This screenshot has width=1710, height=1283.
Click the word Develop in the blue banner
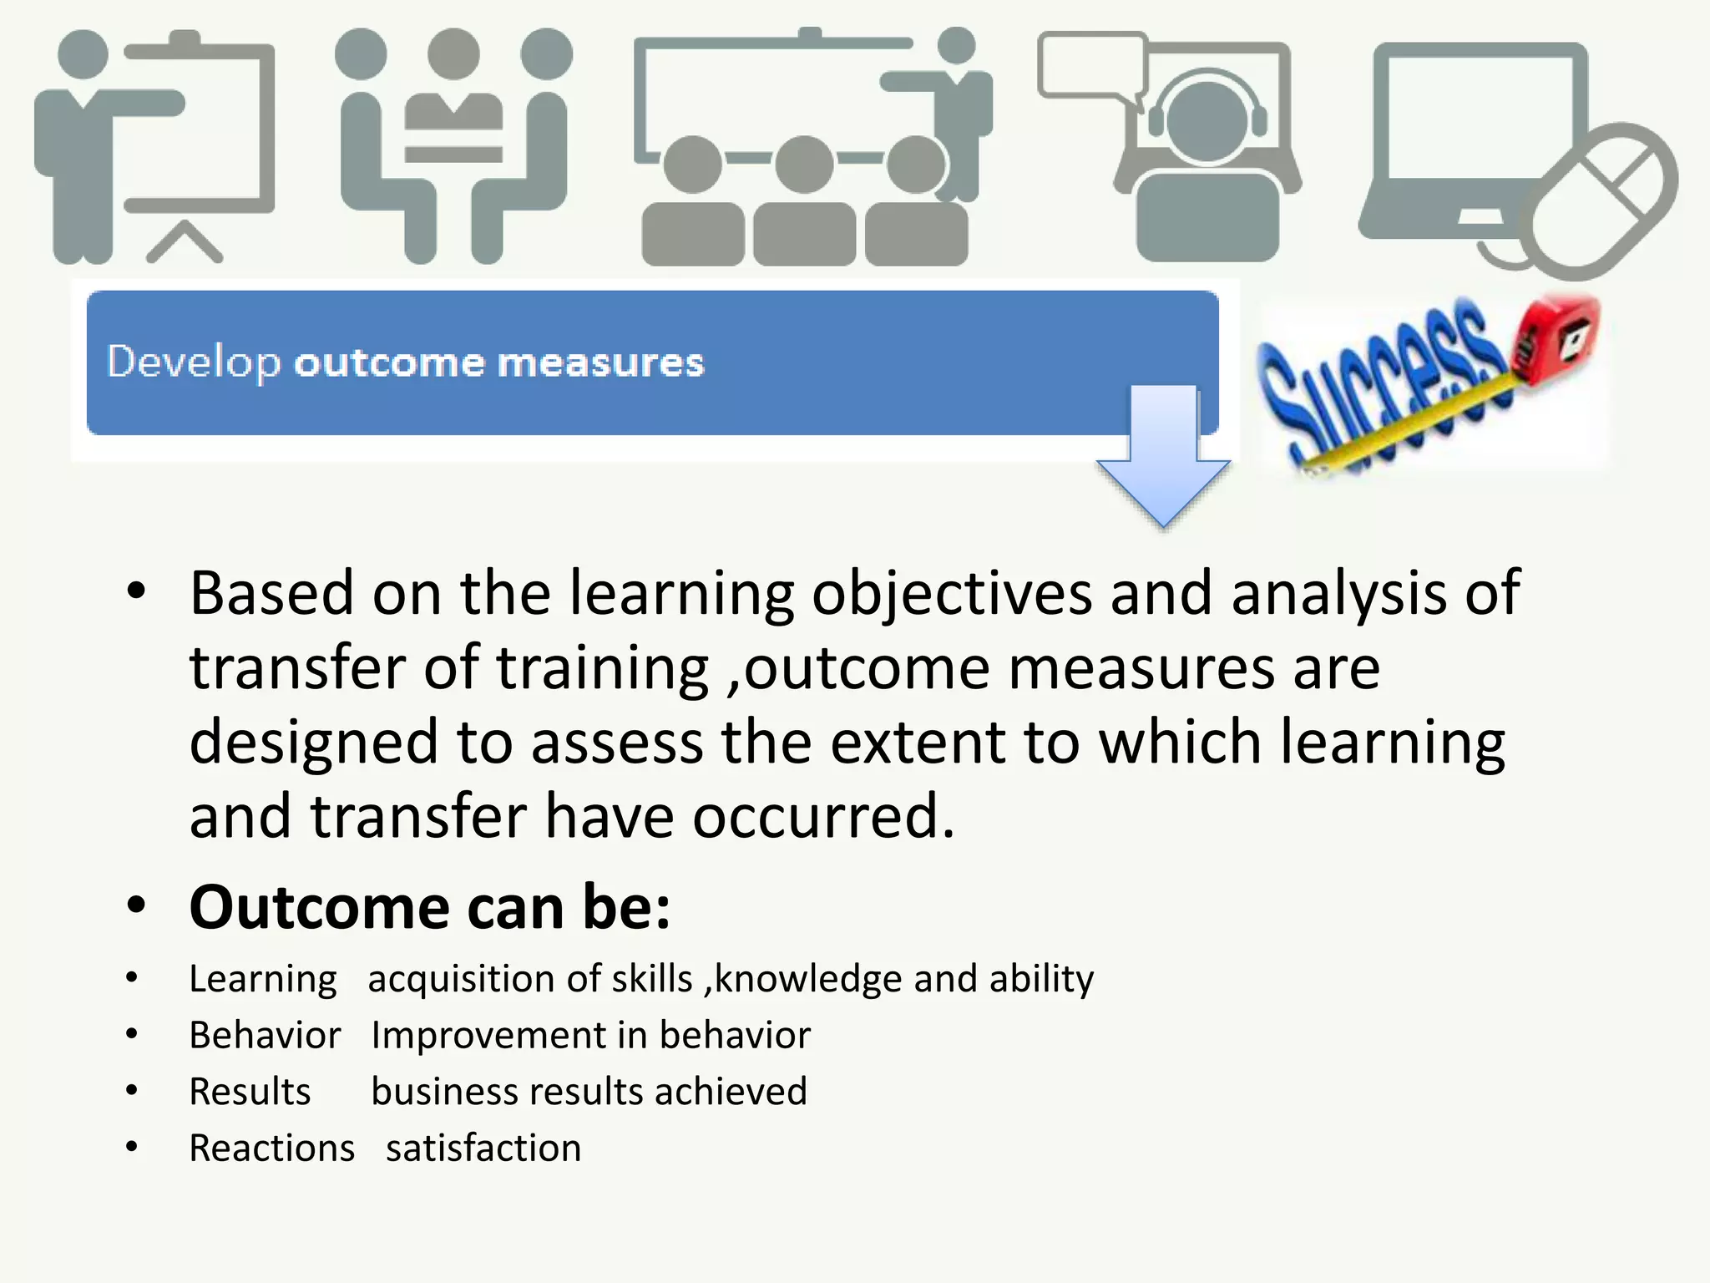[194, 363]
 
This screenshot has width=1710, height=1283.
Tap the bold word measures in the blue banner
[600, 363]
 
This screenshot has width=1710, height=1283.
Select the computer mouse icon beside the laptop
[1603, 200]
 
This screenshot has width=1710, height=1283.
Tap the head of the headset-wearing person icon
[1207, 121]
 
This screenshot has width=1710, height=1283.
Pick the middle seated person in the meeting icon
[453, 92]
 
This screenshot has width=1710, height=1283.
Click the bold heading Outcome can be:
[430, 907]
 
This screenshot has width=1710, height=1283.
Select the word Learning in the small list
[263, 979]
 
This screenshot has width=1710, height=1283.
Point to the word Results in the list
[250, 1092]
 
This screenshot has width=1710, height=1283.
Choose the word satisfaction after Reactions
[483, 1149]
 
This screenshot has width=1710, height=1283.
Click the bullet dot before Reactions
[132, 1147]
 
